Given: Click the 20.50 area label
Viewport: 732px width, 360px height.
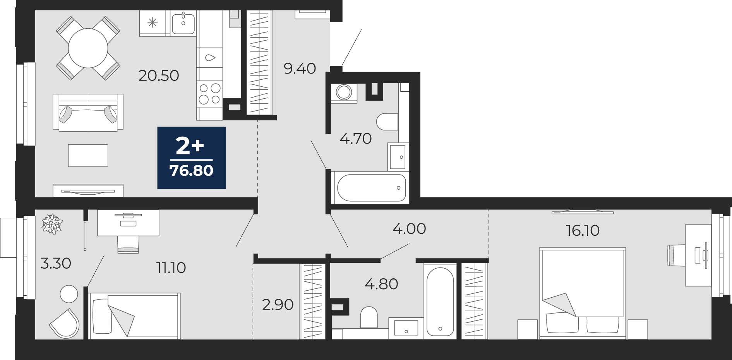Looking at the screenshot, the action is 159,75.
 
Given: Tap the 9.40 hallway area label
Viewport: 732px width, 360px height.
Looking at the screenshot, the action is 300,69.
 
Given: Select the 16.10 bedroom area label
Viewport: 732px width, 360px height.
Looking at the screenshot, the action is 583,230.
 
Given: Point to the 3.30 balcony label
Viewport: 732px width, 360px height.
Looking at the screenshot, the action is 56,263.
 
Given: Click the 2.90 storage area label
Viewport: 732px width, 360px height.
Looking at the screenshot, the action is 278,305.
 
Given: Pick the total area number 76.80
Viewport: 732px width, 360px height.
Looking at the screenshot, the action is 192,170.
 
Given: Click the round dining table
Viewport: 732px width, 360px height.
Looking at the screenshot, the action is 88,48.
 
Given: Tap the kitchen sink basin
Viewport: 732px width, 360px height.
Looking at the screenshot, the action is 183,23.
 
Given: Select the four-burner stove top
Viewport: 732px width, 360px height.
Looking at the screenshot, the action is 209,94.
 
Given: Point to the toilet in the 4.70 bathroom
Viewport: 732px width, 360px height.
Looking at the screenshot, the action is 387,122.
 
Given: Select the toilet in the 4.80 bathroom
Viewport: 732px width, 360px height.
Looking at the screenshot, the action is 369,317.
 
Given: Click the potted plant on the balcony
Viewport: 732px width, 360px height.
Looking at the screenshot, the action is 52,224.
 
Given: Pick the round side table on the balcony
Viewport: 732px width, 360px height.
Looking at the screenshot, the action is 69,294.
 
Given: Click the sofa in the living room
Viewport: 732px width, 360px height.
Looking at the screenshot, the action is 88,112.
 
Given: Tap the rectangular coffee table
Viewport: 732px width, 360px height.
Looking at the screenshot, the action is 88,156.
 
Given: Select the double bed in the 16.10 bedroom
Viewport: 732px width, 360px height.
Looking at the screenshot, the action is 583,293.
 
